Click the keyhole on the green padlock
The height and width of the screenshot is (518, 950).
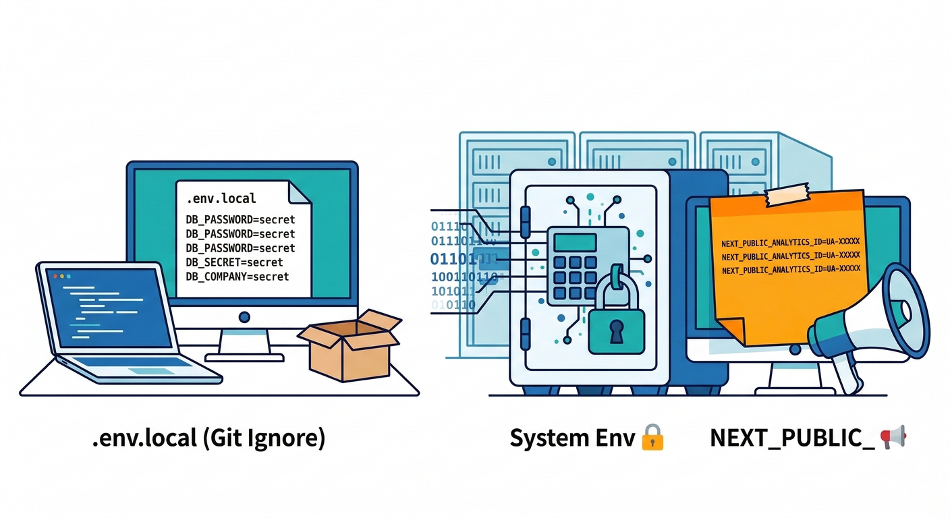(616, 330)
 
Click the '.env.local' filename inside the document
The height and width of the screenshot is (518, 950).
(221, 198)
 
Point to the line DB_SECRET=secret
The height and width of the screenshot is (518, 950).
(234, 262)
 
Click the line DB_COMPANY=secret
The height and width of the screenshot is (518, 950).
(237, 276)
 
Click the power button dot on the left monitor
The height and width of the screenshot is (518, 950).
(244, 316)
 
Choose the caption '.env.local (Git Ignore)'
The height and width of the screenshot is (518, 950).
(208, 438)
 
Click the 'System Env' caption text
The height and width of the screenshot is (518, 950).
(571, 438)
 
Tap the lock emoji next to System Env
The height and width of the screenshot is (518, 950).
(652, 437)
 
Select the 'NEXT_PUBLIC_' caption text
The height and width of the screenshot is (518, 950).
(791, 438)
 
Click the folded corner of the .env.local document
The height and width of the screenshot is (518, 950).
(299, 192)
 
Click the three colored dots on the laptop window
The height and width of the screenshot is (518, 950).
(61, 276)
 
